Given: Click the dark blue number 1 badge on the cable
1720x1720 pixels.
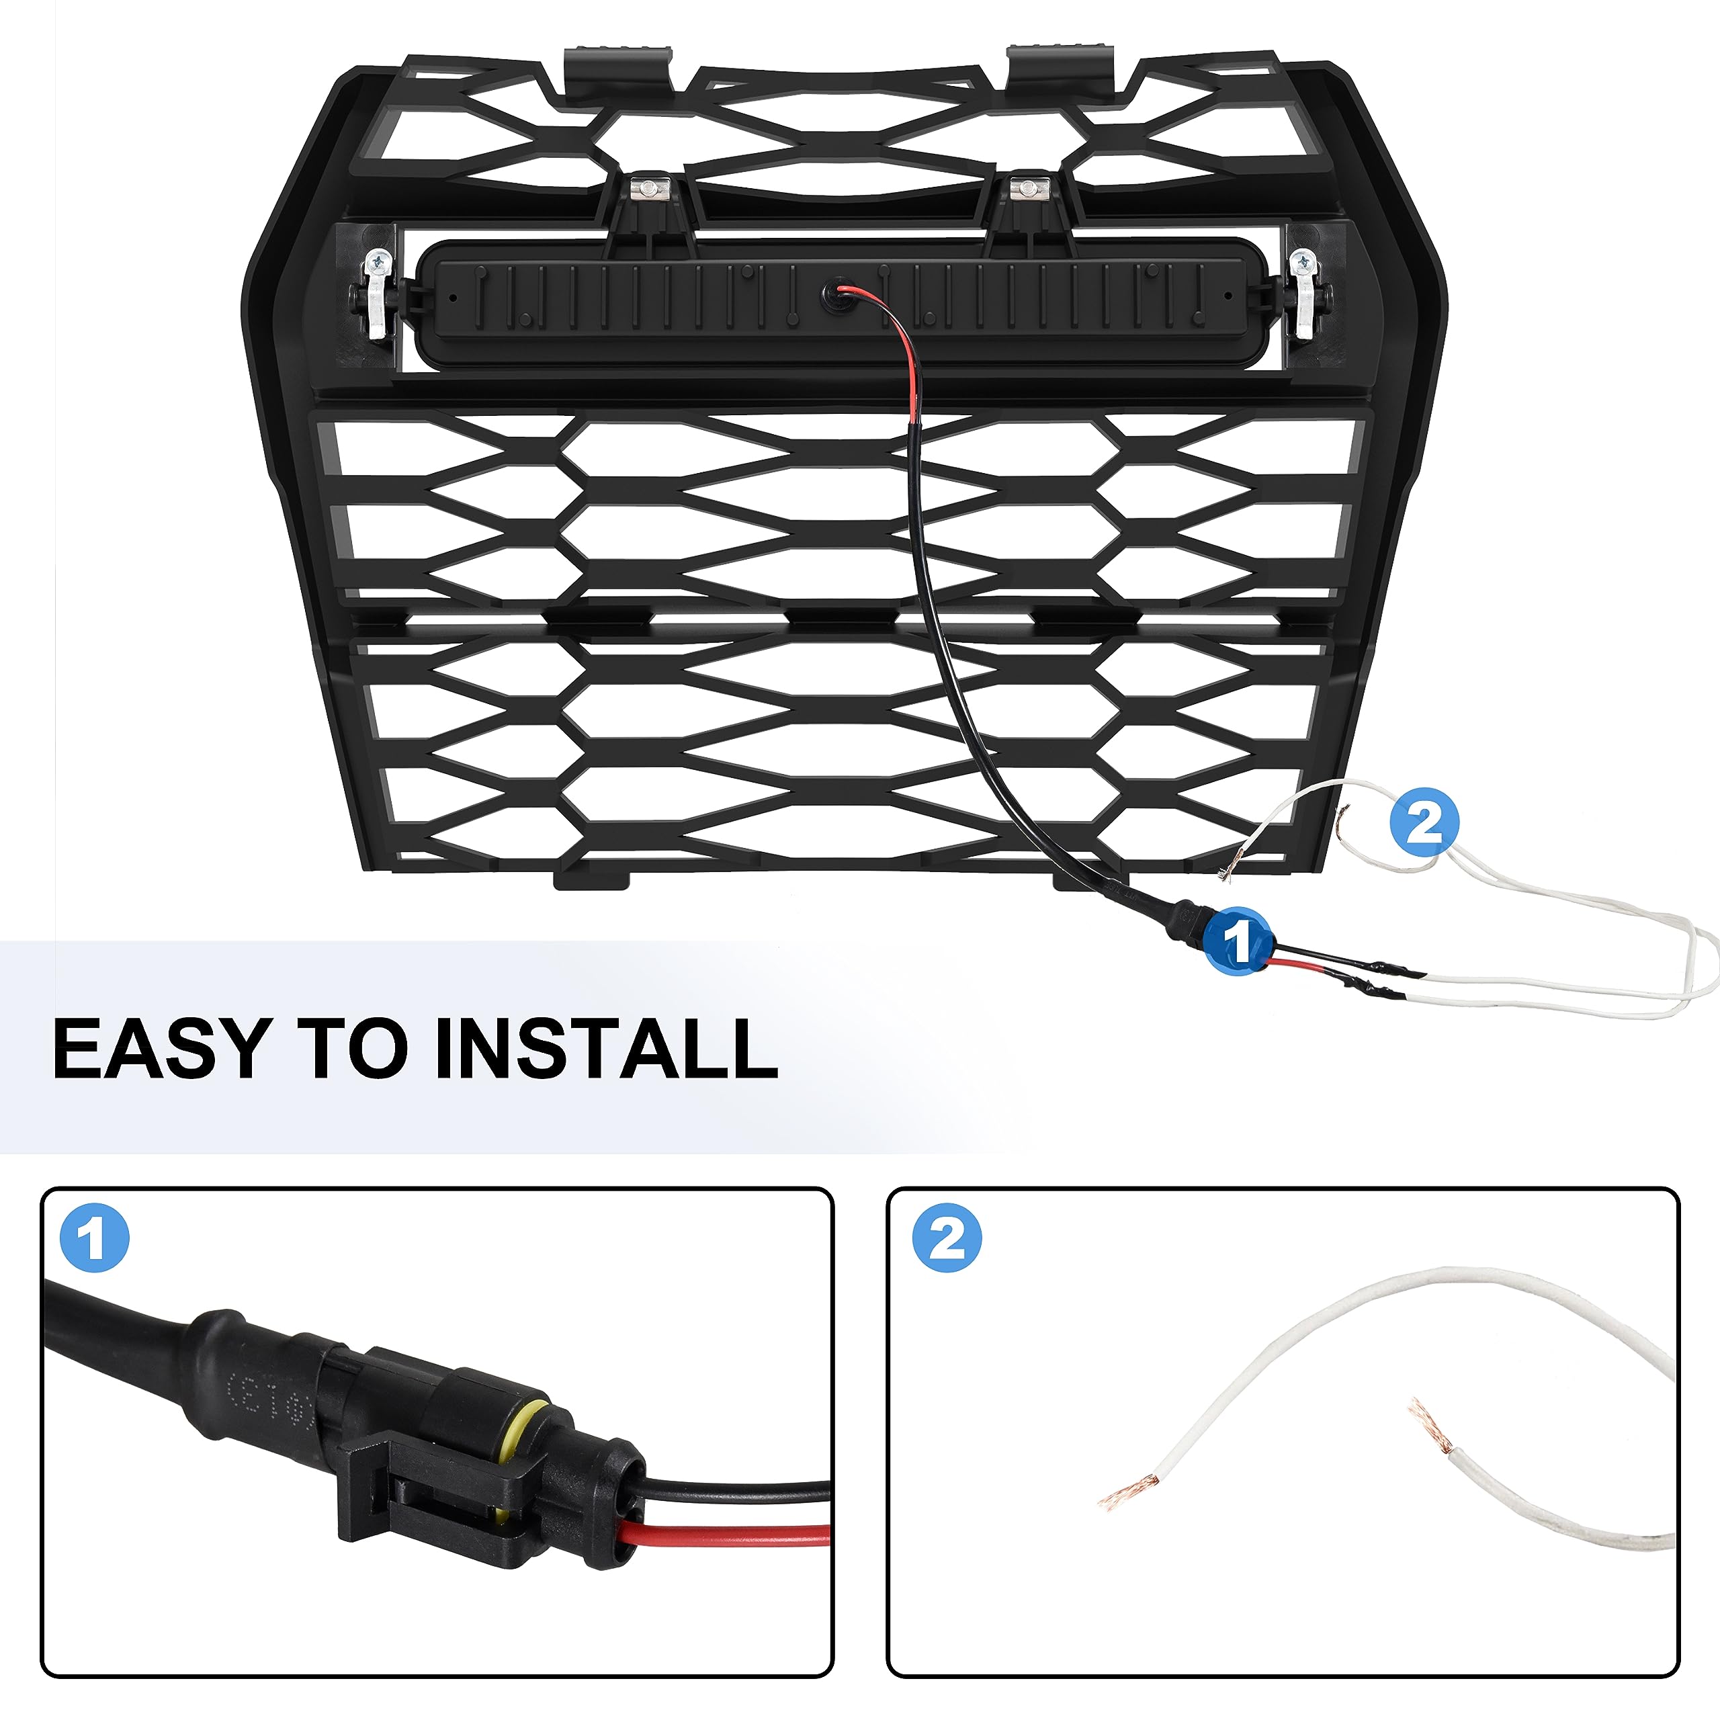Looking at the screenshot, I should [1238, 941].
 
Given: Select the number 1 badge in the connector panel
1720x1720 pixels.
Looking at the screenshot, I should [94, 1238].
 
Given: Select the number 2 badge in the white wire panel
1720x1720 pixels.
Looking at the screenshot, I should [947, 1238].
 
